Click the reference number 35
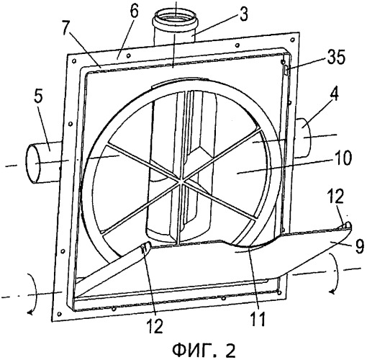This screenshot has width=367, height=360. point(336,58)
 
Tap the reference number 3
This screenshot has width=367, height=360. point(243,14)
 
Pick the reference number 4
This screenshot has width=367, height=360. point(334,95)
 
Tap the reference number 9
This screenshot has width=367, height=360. point(360,246)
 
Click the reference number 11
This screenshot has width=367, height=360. point(258,319)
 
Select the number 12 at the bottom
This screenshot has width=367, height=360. point(155,326)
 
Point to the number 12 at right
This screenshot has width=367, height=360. point(336,197)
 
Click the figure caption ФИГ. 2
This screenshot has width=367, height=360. point(204,351)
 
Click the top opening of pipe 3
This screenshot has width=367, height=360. point(176,17)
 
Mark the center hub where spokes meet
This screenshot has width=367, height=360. point(182,181)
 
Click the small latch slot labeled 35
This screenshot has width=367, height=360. point(286,71)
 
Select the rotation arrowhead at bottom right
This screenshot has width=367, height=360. point(333,292)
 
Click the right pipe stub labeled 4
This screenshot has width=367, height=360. point(302,138)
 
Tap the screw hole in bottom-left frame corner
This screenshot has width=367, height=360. point(60,314)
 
